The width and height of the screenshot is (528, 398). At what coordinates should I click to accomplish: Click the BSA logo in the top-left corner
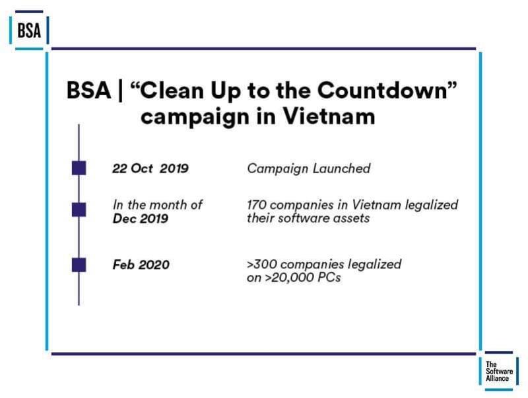28,31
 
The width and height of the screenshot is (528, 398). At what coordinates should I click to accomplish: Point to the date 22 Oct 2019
150,169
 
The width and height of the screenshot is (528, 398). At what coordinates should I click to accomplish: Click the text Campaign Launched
308,169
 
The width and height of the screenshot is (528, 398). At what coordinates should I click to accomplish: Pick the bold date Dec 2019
141,219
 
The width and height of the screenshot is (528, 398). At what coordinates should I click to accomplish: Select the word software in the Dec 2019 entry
301,219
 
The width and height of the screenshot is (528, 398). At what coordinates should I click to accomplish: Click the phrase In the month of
157,205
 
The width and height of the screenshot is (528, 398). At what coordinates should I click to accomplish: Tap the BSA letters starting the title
88,91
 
